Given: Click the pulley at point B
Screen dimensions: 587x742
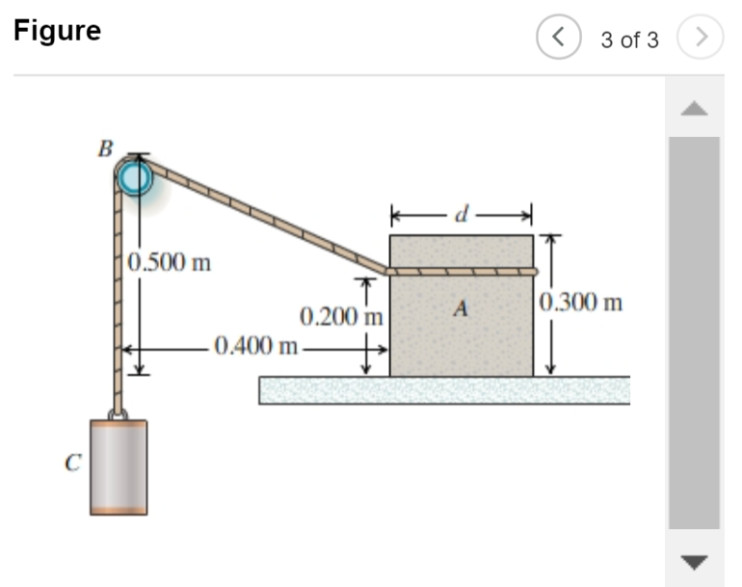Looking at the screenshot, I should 136,177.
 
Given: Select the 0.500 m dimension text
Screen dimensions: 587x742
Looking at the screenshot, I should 170,262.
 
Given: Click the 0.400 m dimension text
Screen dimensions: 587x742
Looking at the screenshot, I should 256,345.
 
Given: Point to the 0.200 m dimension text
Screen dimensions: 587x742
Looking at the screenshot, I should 342,316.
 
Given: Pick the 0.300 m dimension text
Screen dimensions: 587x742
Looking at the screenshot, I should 581,303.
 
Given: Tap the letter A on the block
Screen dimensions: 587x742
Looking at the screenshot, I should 462,309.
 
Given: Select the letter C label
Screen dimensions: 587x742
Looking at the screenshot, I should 71,464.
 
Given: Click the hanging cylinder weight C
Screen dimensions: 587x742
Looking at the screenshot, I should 119,467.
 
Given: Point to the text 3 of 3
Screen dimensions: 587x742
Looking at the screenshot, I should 630,40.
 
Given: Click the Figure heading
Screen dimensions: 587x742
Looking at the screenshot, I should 57,31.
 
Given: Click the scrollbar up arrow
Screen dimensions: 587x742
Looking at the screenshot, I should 694,108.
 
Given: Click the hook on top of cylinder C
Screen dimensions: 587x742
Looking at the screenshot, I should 119,414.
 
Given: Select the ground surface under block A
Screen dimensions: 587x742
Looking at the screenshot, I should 443,390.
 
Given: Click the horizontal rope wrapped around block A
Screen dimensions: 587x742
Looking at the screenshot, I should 462,272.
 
